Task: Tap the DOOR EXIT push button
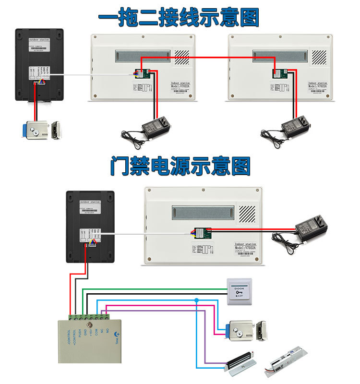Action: click(x=239, y=291)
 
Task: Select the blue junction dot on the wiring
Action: click(x=196, y=300)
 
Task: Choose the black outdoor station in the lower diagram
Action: click(x=90, y=226)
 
